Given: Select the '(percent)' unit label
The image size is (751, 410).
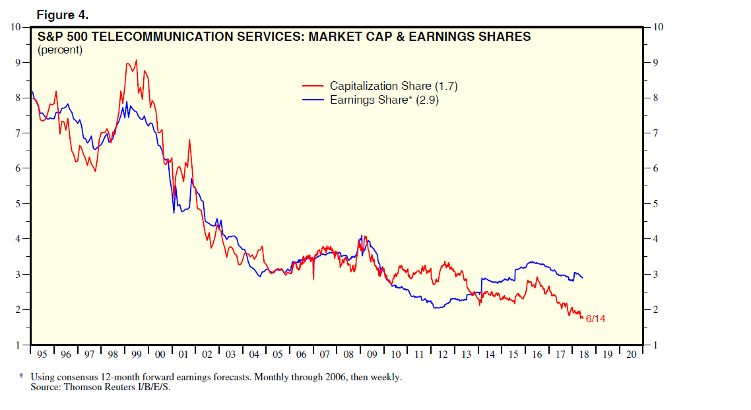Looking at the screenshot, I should [60, 50].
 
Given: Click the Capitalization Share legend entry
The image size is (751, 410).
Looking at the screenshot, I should [393, 86].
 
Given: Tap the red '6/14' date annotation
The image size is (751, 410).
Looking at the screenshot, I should [595, 320].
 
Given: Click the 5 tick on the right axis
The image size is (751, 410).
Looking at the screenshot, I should [656, 203].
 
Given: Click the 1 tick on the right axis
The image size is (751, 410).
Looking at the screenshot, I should [656, 345].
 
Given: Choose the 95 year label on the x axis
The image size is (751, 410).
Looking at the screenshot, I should [42, 355].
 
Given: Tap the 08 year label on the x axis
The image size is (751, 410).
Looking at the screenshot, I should [348, 355].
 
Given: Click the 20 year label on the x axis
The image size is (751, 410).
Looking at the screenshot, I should [632, 355].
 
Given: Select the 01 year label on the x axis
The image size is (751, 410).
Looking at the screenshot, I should [183, 355].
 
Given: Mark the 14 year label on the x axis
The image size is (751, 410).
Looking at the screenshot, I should [490, 355].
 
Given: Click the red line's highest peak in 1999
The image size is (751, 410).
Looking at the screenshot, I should [136, 60].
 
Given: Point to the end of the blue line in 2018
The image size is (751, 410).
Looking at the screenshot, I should [582, 277].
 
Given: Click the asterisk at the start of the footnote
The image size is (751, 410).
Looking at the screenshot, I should [21, 377].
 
